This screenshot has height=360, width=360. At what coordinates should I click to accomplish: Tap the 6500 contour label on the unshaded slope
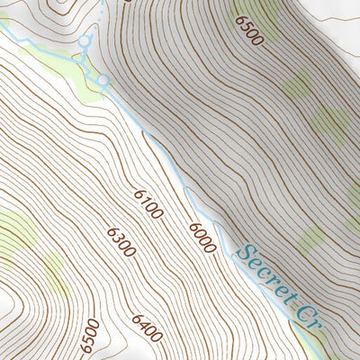(x=89, y=337)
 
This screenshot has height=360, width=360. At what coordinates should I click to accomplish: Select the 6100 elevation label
(x=148, y=204)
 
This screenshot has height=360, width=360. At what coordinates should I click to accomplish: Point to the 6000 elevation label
(x=202, y=237)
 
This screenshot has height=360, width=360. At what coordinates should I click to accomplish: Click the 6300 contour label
(x=121, y=242)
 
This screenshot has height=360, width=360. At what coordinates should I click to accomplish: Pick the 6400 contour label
(x=147, y=328)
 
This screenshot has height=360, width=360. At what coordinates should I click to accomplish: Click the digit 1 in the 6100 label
(x=144, y=201)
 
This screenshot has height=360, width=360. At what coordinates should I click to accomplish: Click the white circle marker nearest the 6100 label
(x=103, y=82)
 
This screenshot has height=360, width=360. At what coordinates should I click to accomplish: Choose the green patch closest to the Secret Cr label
(x=310, y=239)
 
